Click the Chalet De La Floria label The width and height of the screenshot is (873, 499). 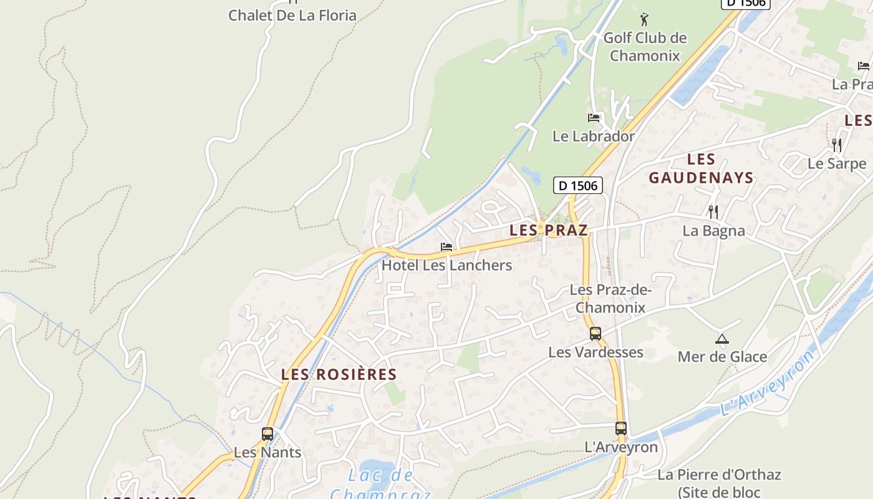pos(292,15)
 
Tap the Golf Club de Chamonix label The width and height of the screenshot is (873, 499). pos(645,47)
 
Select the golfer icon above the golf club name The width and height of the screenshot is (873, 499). pos(644,19)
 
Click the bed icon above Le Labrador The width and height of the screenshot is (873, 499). pos(593,117)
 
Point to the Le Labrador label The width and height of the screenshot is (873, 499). pos(593,136)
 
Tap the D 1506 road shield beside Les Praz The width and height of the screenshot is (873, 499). pos(578,185)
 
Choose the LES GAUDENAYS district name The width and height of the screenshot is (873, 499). pos(701,168)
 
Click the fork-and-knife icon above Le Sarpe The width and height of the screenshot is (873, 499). pos(836,145)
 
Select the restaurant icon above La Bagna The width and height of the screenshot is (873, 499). pos(713,212)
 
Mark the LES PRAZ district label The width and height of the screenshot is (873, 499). pos(549,230)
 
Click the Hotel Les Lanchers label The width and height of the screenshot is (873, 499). pos(446,265)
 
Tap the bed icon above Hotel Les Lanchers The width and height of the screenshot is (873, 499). pos(446,247)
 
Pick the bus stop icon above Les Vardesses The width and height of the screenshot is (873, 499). pos(596,334)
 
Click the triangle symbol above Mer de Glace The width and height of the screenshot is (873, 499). pos(722,339)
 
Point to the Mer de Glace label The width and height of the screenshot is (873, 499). pos(722,357)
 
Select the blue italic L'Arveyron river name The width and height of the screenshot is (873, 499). pos(768,383)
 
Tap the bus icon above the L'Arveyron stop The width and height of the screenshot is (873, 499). pos(620,429)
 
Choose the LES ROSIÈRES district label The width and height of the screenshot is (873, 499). pos(339,374)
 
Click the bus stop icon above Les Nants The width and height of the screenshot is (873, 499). pos(268,434)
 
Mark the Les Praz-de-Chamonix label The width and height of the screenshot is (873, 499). pos(610,299)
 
